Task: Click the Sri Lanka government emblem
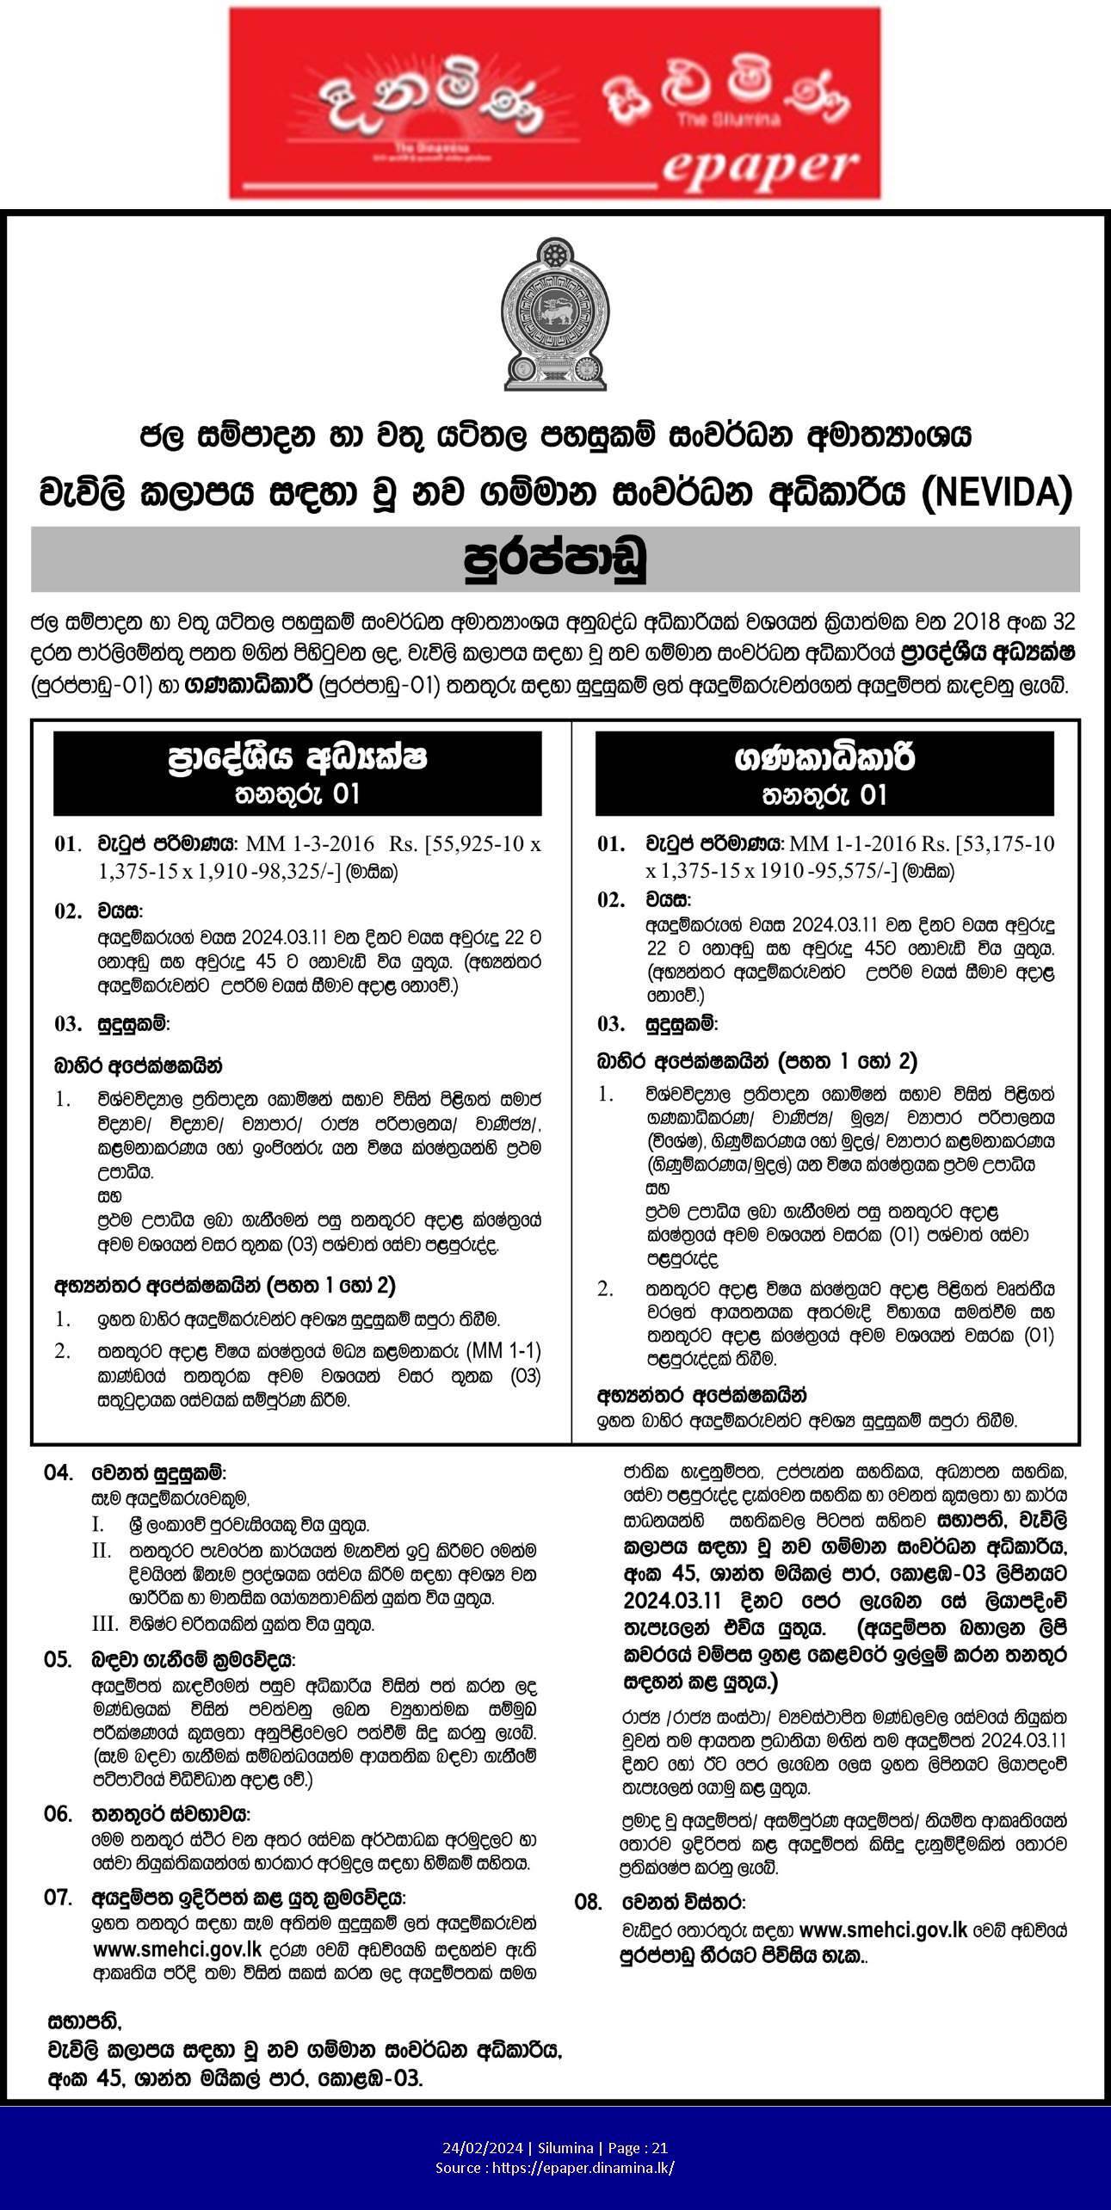click(555, 313)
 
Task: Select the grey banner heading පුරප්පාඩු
click(555, 559)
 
